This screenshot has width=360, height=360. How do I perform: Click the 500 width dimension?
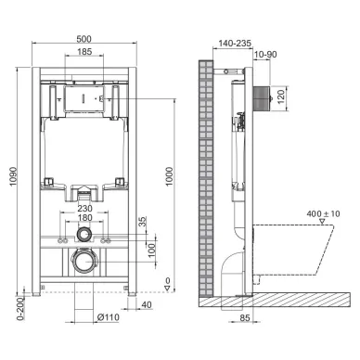tap(84, 39)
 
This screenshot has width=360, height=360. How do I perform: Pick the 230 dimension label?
tap(84, 210)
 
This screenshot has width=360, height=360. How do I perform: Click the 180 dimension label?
tap(84, 219)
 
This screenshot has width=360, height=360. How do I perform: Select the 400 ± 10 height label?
tap(323, 216)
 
